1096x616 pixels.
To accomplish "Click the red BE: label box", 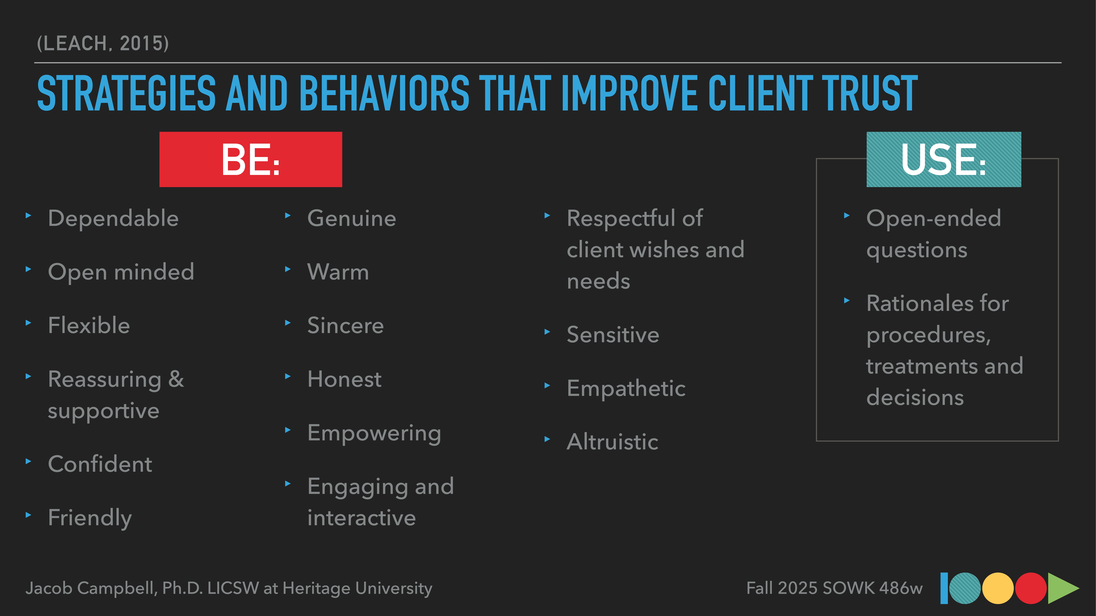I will [251, 159].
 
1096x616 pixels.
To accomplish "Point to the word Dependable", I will [113, 218].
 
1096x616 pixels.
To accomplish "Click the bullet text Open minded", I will [121, 272].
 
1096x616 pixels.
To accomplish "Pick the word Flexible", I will [89, 326].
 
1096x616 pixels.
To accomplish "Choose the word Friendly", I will [90, 518].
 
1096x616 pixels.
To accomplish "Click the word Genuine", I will [351, 218].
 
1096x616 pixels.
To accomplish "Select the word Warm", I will [338, 272].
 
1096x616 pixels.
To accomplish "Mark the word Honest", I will [344, 379].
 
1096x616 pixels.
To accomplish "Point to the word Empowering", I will [374, 433].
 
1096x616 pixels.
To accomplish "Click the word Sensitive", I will [613, 335].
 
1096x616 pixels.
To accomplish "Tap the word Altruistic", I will [612, 442].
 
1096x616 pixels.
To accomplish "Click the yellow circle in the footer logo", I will [998, 588].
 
